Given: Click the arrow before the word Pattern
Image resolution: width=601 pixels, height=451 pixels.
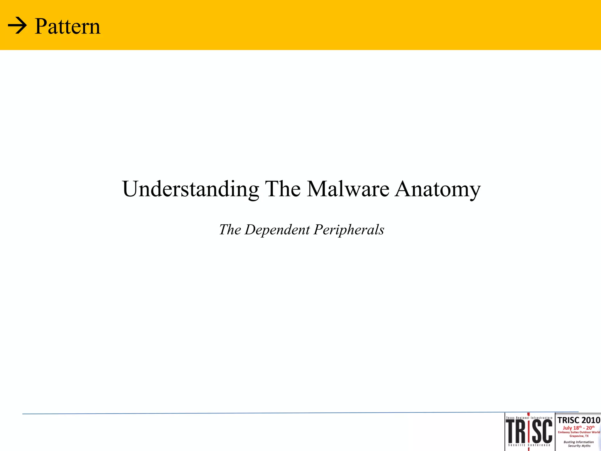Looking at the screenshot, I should (x=17, y=26).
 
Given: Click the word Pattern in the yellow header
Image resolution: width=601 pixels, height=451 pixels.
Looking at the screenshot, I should (x=67, y=26).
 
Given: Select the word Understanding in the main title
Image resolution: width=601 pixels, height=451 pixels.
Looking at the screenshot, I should (x=190, y=189).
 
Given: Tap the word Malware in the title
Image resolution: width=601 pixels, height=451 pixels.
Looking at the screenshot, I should (x=348, y=189).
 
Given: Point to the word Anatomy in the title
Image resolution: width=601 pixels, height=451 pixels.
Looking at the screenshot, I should (x=438, y=189).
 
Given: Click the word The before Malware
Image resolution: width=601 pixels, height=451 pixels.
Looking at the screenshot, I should (x=283, y=189).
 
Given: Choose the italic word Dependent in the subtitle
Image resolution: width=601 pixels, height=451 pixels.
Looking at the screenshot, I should (x=277, y=230).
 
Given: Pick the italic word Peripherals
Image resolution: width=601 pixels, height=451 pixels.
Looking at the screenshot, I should (x=349, y=230).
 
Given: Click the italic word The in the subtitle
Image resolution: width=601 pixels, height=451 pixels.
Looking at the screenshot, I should (x=230, y=230).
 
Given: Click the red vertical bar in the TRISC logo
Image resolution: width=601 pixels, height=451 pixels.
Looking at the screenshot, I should (x=529, y=432).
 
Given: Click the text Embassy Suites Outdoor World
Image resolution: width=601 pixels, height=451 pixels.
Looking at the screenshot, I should (x=579, y=432).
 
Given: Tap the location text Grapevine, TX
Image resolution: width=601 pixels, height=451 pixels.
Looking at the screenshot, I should (x=579, y=436).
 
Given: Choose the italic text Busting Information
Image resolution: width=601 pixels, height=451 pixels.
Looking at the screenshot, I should (x=579, y=442).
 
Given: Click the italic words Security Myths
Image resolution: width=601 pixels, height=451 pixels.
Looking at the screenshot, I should (x=579, y=446).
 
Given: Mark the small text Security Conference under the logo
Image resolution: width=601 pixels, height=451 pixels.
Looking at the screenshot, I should (x=529, y=445).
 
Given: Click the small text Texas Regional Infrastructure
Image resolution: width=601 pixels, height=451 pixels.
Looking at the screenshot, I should (x=529, y=418).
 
